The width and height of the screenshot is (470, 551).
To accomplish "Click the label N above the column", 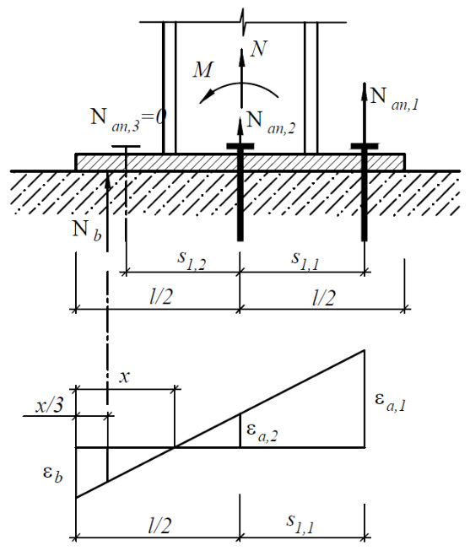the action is pos(259,48).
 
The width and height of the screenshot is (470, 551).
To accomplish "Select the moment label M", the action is pos(203,69).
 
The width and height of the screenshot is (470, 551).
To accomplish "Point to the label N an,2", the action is pos(271,123).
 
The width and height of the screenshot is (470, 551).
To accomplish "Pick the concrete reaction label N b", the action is pos(86,231).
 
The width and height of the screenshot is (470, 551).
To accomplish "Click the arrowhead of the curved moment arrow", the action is pos(206,96).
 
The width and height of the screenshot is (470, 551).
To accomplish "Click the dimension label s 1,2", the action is pos(192,260).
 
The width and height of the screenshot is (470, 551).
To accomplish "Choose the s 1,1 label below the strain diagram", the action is pos(300,524).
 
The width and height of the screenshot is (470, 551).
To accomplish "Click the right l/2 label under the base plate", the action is pos(324,297).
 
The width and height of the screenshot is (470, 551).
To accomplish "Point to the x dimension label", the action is pos(124,377).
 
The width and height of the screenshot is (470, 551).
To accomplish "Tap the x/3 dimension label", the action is pos(49,405).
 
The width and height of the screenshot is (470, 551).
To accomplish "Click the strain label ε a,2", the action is pos(262,432).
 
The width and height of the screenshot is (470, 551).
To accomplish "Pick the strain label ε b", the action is pos(52,474).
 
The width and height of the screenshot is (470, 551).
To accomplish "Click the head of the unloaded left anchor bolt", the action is pos(126,147).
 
